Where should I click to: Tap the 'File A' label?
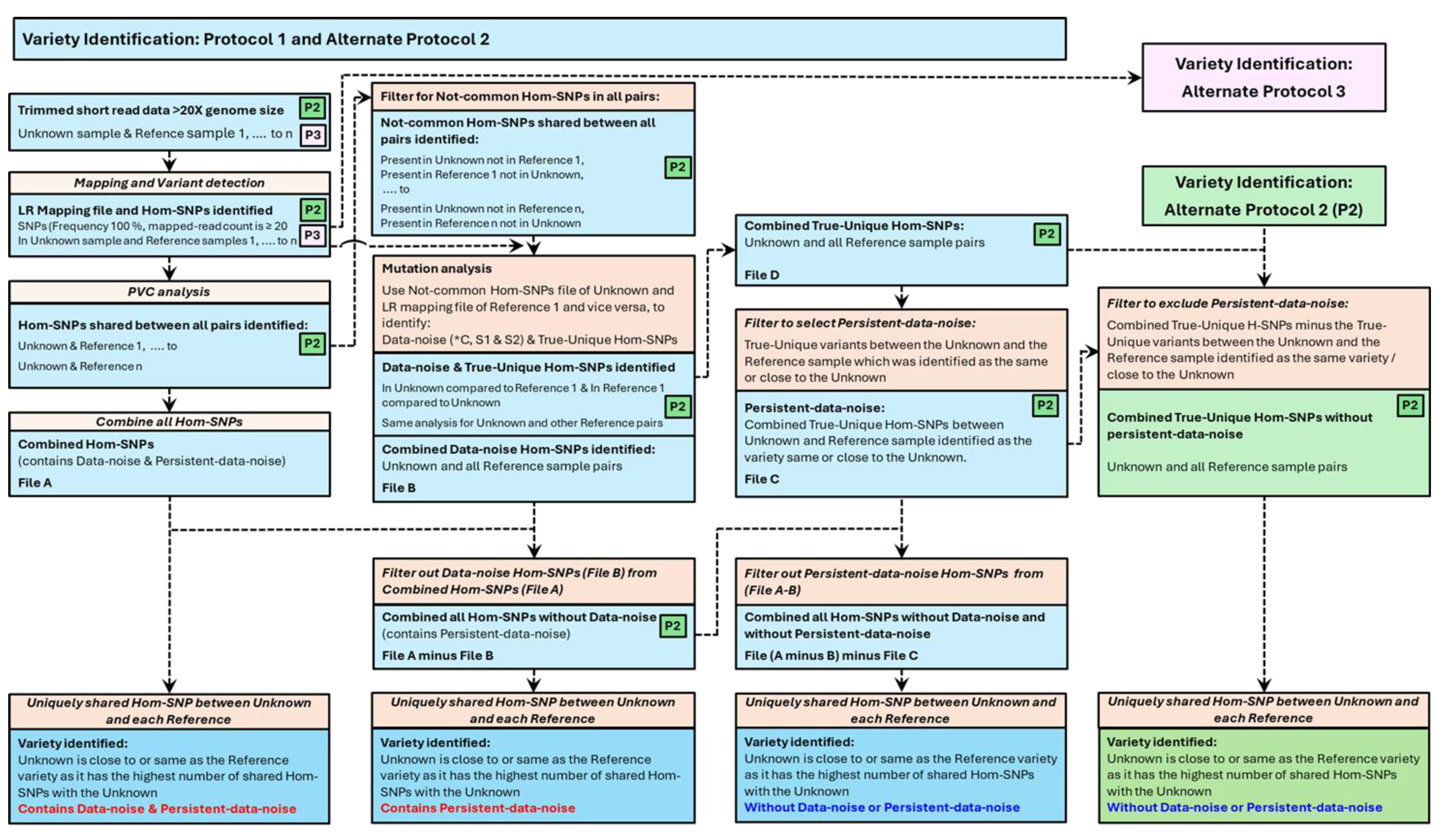pyautogui.click(x=35, y=482)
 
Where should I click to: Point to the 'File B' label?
pyautogui.click(x=398, y=488)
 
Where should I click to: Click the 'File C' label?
pyautogui.click(x=761, y=479)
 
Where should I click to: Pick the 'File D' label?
pyautogui.click(x=761, y=275)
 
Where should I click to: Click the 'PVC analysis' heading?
pyautogui.click(x=169, y=292)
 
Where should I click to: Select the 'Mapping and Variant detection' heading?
pyautogui.click(x=169, y=183)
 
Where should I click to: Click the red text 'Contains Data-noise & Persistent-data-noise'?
pyautogui.click(x=157, y=809)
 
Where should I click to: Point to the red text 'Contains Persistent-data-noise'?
pyautogui.click(x=478, y=808)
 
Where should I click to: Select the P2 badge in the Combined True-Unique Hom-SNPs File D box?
pyautogui.click(x=1047, y=234)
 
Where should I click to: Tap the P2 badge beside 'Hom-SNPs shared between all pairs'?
pyautogui.click(x=312, y=343)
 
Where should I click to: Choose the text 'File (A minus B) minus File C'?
pyautogui.click(x=831, y=655)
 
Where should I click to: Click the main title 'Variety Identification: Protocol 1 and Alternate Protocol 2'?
pyautogui.click(x=256, y=39)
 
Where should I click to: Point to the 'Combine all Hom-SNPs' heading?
pyautogui.click(x=169, y=421)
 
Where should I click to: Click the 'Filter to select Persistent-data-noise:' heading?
pyautogui.click(x=859, y=323)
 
